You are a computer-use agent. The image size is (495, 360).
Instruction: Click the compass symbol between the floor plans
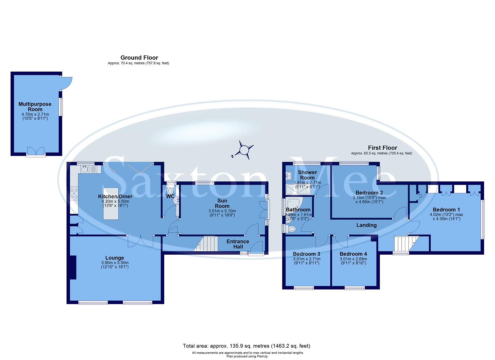(245, 150)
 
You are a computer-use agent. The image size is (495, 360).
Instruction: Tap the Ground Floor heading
(139, 58)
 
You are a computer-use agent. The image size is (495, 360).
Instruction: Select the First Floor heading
(382, 148)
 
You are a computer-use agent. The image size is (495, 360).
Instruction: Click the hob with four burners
(74, 194)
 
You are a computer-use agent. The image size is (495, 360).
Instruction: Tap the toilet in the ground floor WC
(171, 191)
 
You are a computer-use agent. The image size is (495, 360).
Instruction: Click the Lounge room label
(115, 258)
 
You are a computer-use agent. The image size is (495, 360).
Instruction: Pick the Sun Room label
(222, 203)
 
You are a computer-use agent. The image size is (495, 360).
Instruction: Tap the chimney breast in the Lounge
(73, 267)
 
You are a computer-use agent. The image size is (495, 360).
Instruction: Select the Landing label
(366, 225)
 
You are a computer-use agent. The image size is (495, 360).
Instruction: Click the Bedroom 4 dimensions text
(353, 261)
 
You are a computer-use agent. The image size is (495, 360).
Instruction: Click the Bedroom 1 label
(446, 210)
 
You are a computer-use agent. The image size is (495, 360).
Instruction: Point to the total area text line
(246, 346)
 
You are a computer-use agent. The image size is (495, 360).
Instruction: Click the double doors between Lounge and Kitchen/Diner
(140, 241)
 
